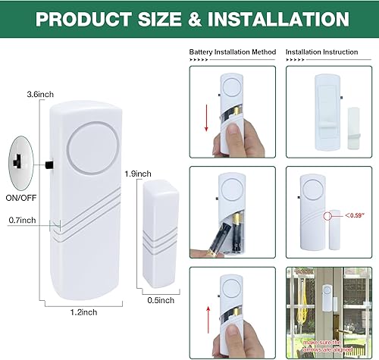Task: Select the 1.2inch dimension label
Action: [x=82, y=311]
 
